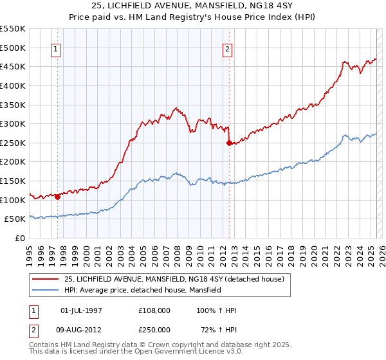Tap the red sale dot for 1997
tap(58, 197)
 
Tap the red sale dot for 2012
tap(229, 143)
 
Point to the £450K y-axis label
tap(14, 66)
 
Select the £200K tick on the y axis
tap(14, 162)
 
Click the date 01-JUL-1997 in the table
tap(81, 311)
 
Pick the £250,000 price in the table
tap(154, 330)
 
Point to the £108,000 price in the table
tap(154, 311)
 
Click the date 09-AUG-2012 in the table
tap(81, 330)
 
